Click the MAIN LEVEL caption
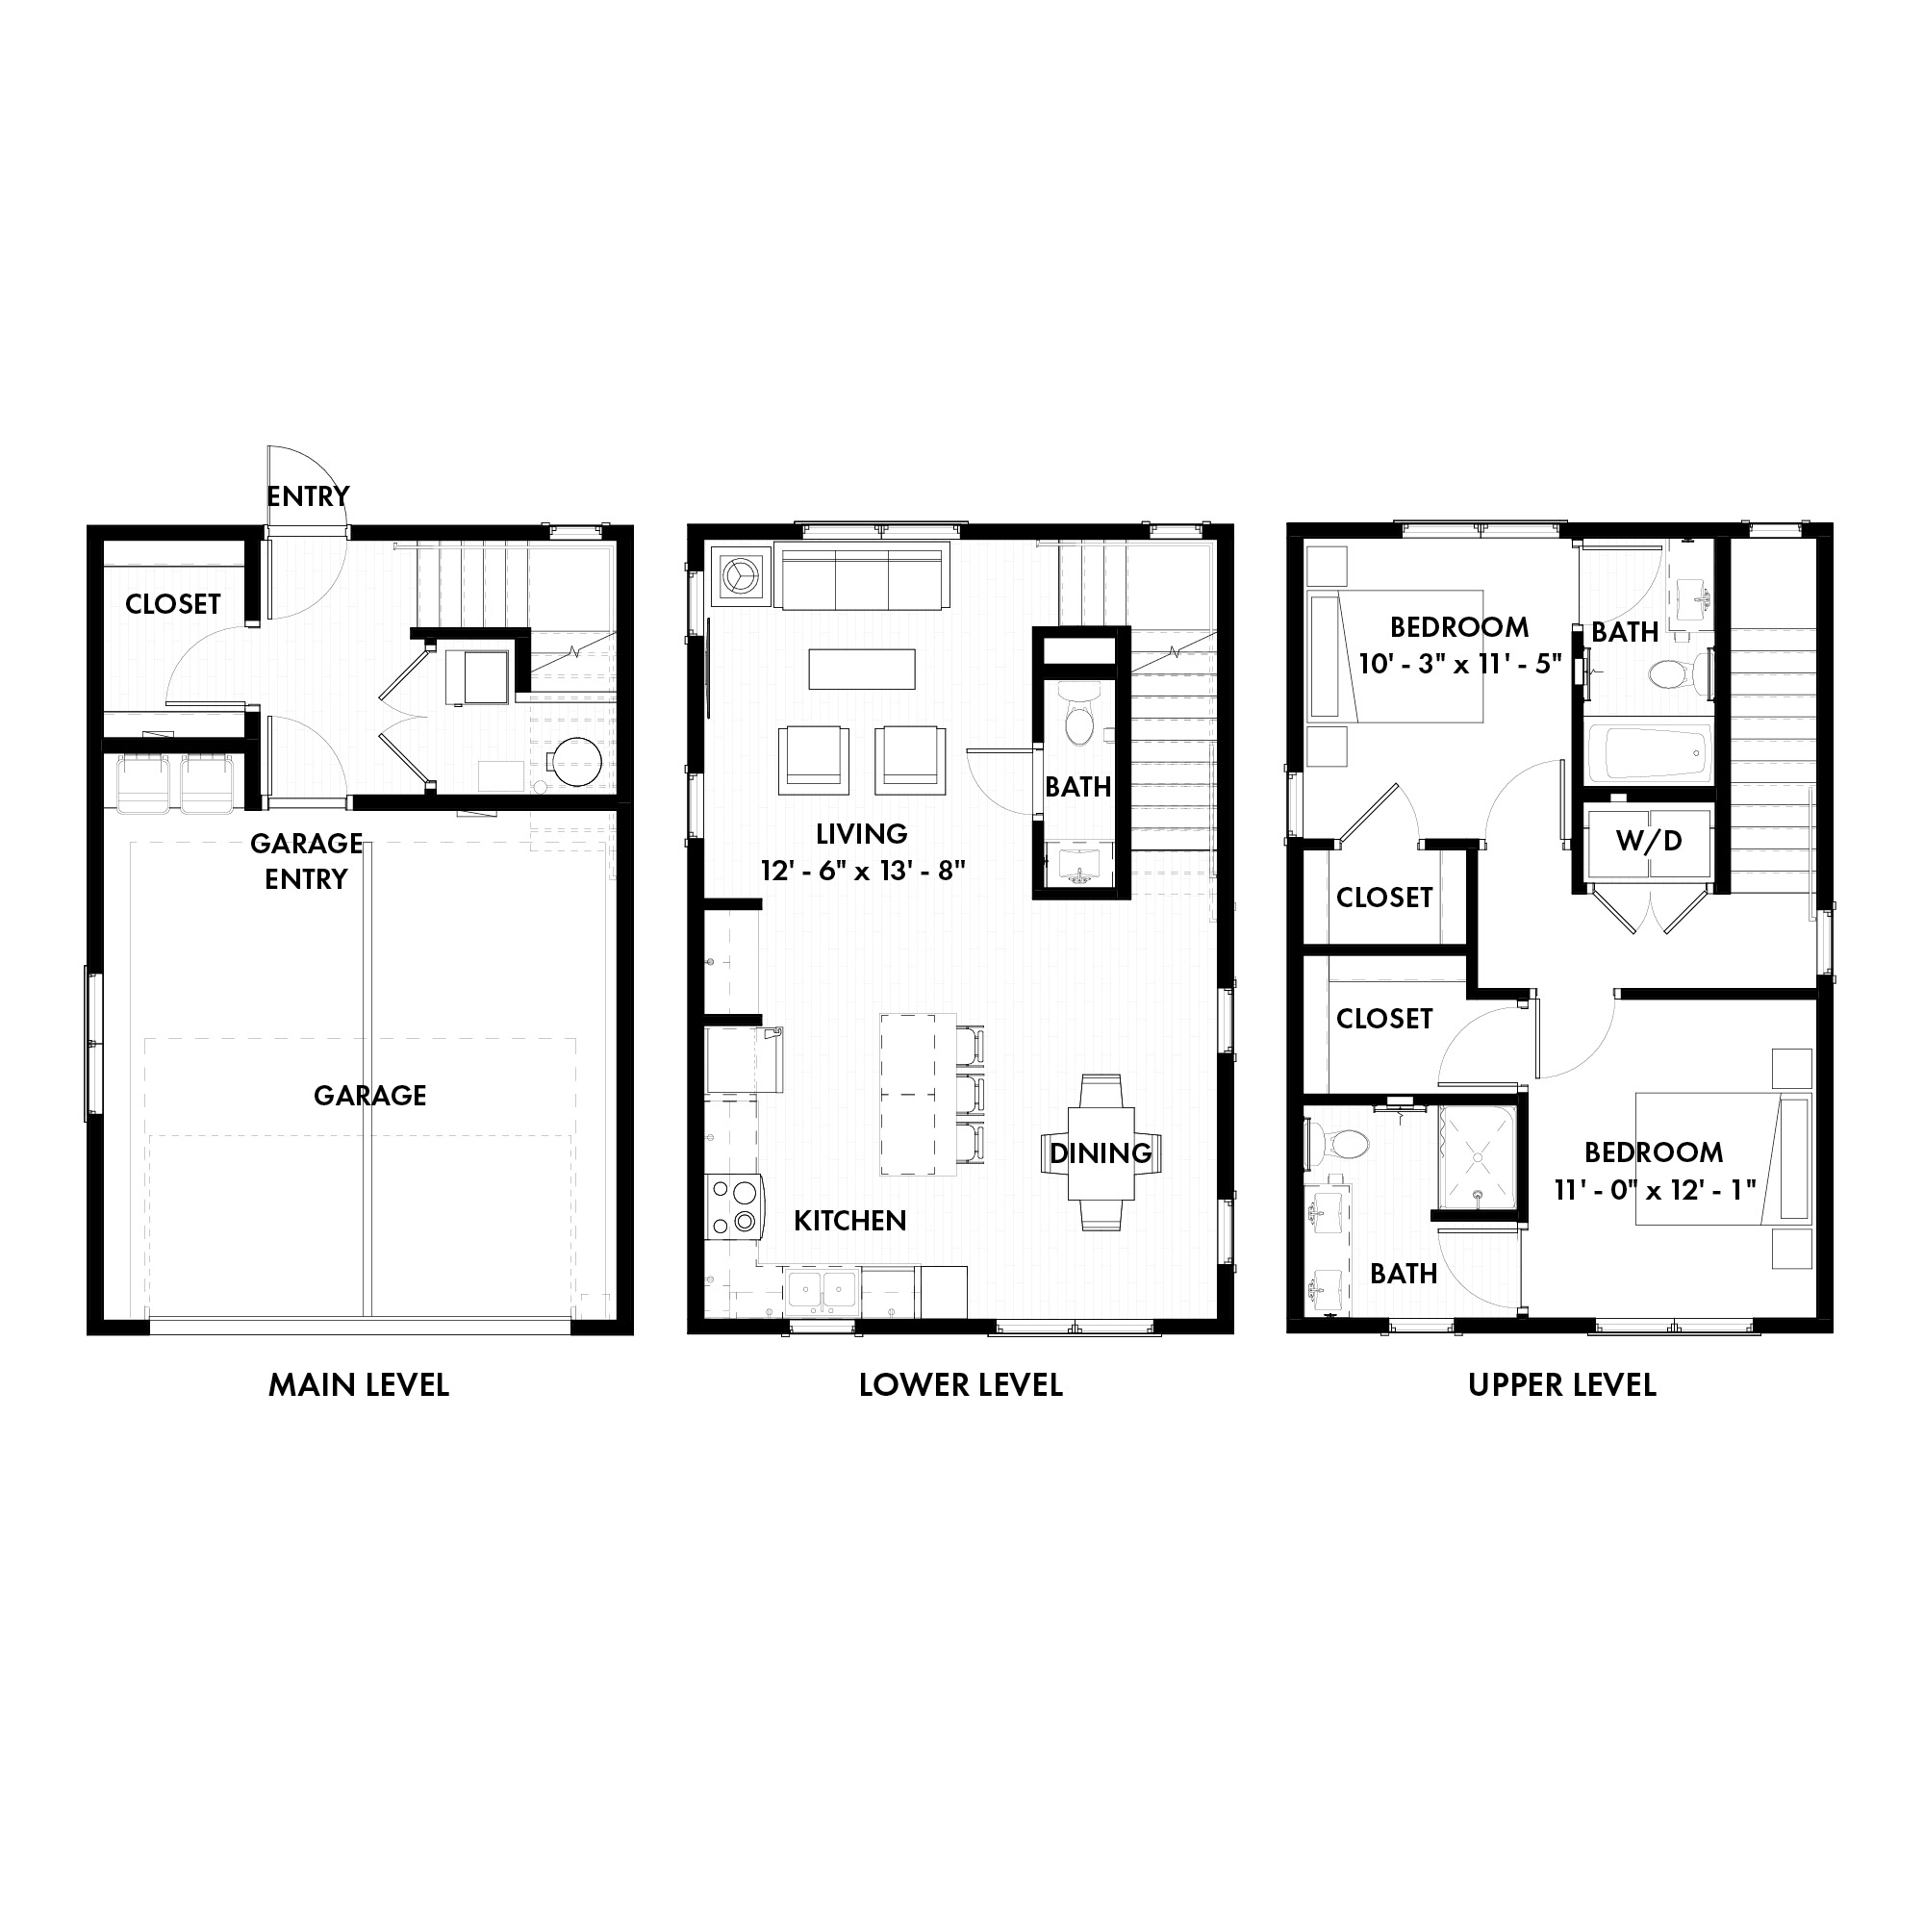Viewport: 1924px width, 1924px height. (359, 1385)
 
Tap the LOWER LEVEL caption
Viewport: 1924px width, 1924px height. (960, 1385)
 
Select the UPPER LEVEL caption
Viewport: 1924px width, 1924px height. (1561, 1385)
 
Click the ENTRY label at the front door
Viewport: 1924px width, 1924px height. (308, 496)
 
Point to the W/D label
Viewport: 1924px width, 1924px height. (1648, 841)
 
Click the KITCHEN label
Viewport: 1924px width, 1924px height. (849, 1221)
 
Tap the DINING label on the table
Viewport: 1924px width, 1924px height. (1101, 1153)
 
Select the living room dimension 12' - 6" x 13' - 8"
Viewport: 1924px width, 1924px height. (862, 872)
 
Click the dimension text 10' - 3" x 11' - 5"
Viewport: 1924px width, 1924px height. (1459, 664)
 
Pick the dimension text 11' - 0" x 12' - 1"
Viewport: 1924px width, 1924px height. (1654, 1189)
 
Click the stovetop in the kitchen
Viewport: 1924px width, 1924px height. (733, 1206)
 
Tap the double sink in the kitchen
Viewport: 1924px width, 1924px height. (822, 1292)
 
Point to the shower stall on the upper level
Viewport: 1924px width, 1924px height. (1477, 1159)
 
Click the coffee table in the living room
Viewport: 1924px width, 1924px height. (861, 670)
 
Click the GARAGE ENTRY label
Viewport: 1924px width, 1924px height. (306, 861)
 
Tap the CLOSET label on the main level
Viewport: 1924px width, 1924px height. (173, 603)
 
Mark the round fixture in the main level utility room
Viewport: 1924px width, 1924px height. (576, 762)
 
